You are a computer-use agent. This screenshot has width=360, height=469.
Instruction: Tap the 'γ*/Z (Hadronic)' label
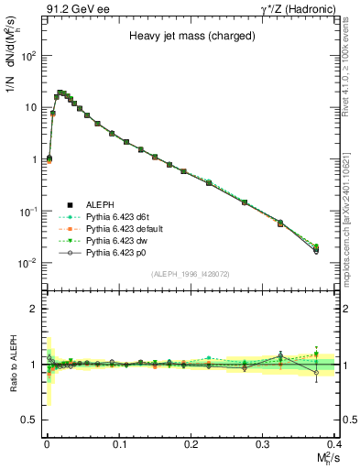click(x=296, y=8)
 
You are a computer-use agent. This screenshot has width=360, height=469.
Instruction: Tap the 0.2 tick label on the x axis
click(x=191, y=442)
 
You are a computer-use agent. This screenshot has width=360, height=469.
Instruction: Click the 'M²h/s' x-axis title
click(x=323, y=456)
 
